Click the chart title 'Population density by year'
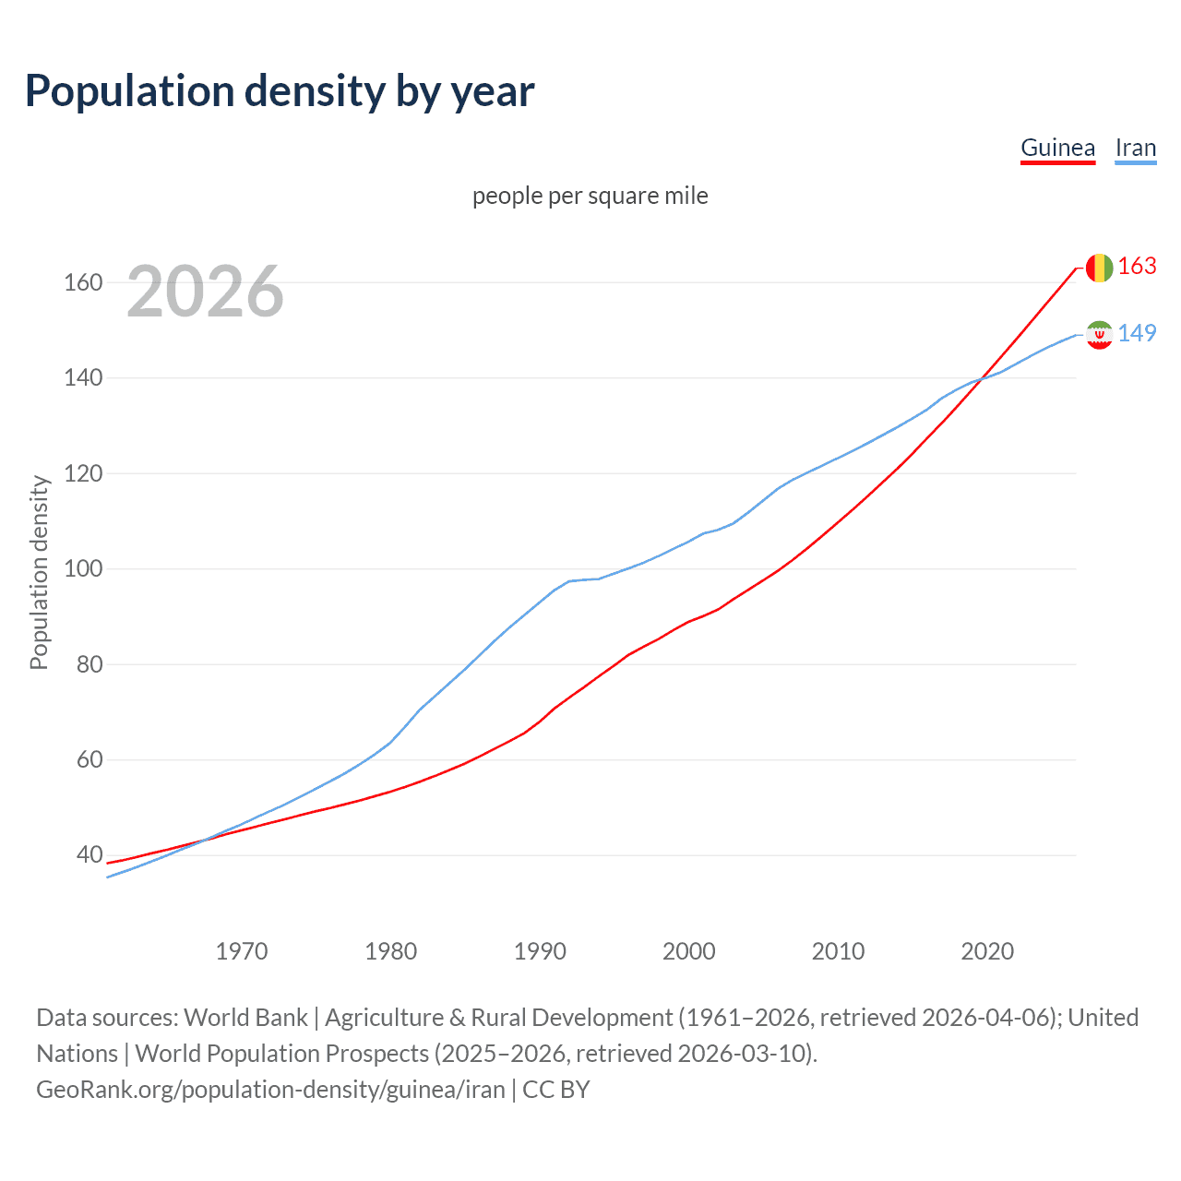pyautogui.click(x=280, y=91)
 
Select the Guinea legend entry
pyautogui.click(x=1057, y=148)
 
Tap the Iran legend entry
pyautogui.click(x=1135, y=148)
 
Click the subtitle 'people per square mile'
pyautogui.click(x=590, y=196)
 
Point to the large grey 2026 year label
pyautogui.click(x=205, y=292)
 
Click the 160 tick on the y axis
pyautogui.click(x=82, y=282)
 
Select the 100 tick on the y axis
pyautogui.click(x=82, y=568)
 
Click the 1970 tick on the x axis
pyautogui.click(x=242, y=951)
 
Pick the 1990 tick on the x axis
pyautogui.click(x=540, y=951)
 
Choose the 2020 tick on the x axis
pyautogui.click(x=987, y=951)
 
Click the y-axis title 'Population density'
pyautogui.click(x=39, y=572)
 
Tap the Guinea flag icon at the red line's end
pyautogui.click(x=1099, y=268)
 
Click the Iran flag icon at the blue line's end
pyautogui.click(x=1099, y=334)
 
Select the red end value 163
pyautogui.click(x=1137, y=266)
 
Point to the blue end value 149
pyautogui.click(x=1137, y=333)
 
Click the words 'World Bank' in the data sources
pyautogui.click(x=245, y=1018)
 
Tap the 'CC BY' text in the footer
pyautogui.click(x=555, y=1090)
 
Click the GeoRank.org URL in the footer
pyautogui.click(x=270, y=1090)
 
